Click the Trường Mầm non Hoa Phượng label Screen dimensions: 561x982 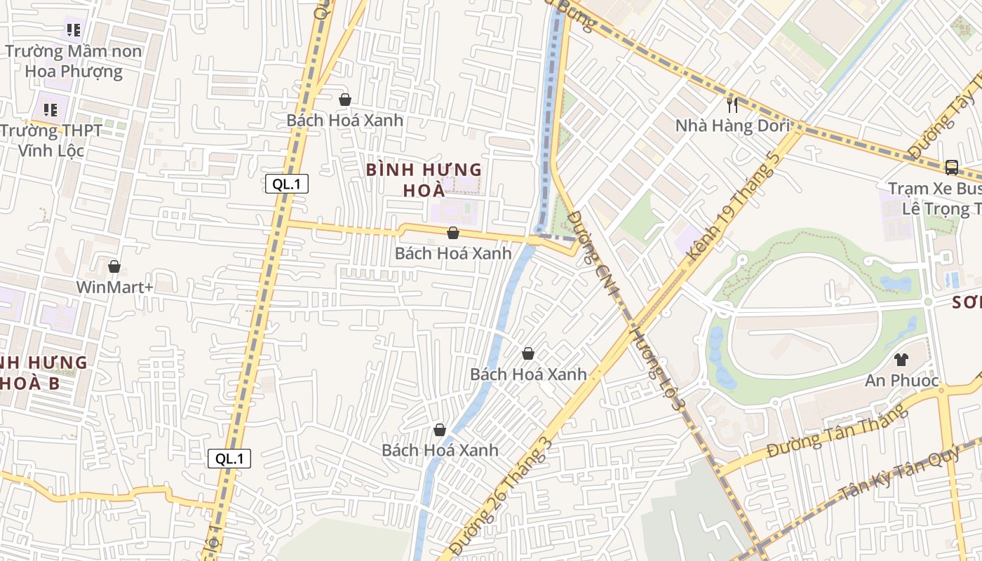pos(74,61)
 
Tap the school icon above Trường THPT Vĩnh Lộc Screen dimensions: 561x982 pos(51,110)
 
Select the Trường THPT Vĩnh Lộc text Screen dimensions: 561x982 pos(51,140)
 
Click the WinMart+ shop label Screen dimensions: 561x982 pos(114,287)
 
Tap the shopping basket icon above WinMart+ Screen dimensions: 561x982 pos(114,267)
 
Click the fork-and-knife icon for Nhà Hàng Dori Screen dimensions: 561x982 pos(733,105)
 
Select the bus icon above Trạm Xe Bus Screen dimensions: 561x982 pos(952,168)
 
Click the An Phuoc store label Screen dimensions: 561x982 pos(901,380)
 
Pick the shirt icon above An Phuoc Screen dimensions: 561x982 pos(901,360)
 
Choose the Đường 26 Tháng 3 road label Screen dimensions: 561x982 pos(502,495)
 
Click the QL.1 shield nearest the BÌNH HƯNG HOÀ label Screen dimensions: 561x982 pos(287,184)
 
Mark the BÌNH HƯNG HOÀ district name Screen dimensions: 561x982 pos(424,180)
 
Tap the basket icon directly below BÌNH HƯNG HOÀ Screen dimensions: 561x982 pos(453,233)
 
